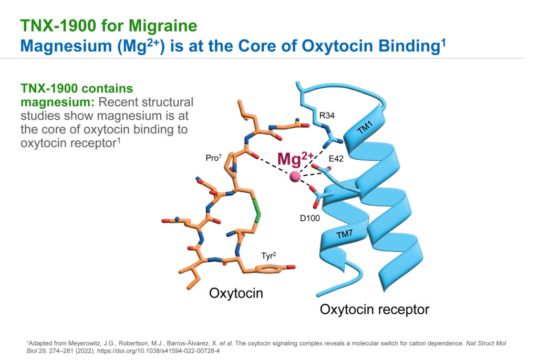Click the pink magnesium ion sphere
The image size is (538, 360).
pyautogui.click(x=295, y=177)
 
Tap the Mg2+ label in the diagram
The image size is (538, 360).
pyautogui.click(x=295, y=159)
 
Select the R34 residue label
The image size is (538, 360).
pyautogui.click(x=327, y=116)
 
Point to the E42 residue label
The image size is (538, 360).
pyautogui.click(x=336, y=159)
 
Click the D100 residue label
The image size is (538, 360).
pyautogui.click(x=310, y=218)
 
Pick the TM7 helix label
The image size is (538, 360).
pyautogui.click(x=344, y=234)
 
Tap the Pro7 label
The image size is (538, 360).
pyautogui.click(x=213, y=158)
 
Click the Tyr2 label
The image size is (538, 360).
pyautogui.click(x=268, y=255)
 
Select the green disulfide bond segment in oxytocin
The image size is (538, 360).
pyautogui.click(x=256, y=211)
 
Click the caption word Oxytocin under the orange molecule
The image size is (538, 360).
pyautogui.click(x=236, y=293)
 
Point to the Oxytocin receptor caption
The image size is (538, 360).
pyautogui.click(x=374, y=310)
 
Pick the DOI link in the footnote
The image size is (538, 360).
pyautogui.click(x=159, y=351)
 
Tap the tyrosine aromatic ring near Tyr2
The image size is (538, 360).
pyautogui.click(x=268, y=269)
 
